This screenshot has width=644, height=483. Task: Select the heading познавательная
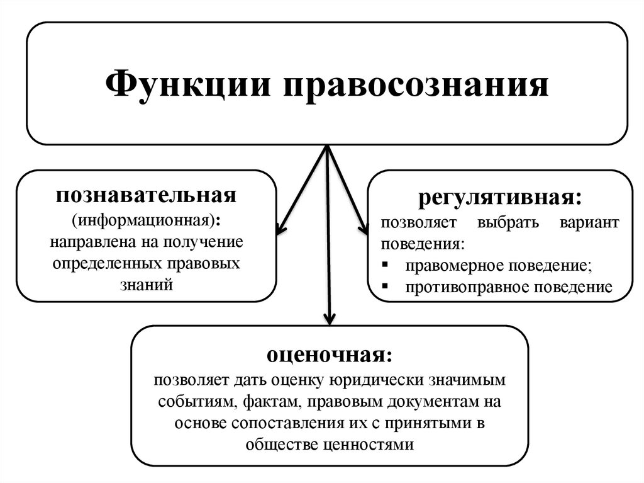coord(146,194)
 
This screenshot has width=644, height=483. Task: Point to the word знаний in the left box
coord(146,285)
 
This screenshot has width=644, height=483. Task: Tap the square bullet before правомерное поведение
coord(385,265)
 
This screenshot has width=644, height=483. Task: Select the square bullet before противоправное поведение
coord(385,287)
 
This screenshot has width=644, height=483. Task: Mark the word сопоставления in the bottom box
coord(288,423)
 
